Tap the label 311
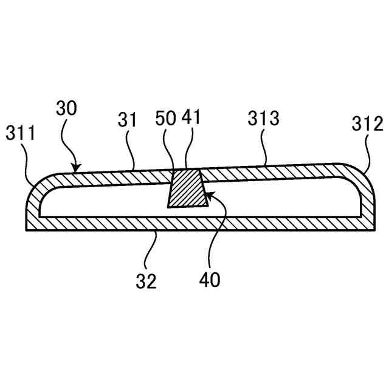(x=21, y=133)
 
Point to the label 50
(x=166, y=119)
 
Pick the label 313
(x=263, y=119)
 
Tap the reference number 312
(x=367, y=125)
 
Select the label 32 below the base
(x=146, y=281)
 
